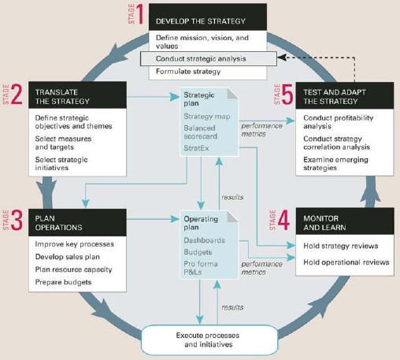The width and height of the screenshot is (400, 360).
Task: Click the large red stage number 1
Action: [x=140, y=14]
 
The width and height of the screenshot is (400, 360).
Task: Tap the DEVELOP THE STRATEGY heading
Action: [x=201, y=21]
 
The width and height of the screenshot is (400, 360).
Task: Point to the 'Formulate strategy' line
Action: [x=188, y=72]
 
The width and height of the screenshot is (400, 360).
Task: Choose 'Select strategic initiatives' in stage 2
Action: [x=61, y=164]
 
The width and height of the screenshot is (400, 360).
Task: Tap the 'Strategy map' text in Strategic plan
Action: [x=207, y=117]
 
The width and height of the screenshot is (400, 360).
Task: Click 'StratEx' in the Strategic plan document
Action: [x=196, y=148]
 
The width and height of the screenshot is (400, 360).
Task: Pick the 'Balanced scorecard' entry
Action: [x=201, y=132]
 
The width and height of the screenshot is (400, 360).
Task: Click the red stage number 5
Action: [x=287, y=95]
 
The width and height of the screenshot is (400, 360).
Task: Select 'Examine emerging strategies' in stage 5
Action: [x=335, y=164]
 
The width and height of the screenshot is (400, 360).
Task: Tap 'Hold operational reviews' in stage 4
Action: [x=346, y=262]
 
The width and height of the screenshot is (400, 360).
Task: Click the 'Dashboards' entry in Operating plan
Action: [x=204, y=240]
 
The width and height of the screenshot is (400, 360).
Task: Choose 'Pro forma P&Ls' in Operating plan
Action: [x=201, y=268]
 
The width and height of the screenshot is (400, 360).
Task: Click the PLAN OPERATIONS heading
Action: [x=58, y=223]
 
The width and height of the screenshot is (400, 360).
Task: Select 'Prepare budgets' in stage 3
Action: [x=63, y=282]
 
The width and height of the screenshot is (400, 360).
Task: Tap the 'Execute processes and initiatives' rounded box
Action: [x=209, y=340]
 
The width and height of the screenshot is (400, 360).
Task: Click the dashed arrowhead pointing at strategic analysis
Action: [x=281, y=57]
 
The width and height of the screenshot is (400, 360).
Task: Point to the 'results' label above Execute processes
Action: [x=232, y=307]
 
